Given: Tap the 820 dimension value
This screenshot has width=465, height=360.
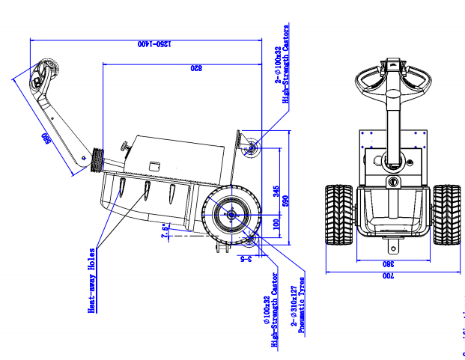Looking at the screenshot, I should [x=195, y=68].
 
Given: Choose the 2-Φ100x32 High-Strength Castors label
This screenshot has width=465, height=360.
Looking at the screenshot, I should [x=282, y=64].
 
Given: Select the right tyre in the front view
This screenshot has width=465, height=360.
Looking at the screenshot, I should [x=447, y=214].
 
